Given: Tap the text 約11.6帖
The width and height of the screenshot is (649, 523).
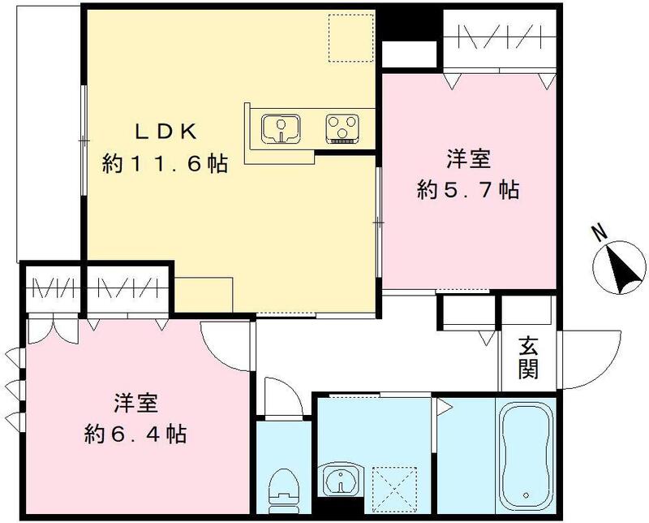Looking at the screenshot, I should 164,164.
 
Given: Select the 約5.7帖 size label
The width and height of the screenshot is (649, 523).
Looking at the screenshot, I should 468,190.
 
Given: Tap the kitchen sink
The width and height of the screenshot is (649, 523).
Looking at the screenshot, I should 281,128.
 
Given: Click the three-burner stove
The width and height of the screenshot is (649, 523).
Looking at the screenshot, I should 345,128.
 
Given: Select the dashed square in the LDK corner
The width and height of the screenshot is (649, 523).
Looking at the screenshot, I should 350,37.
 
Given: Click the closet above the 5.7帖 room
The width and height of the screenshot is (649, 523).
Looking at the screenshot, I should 499,39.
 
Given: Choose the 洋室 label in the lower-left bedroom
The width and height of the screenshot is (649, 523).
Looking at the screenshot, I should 135,403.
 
